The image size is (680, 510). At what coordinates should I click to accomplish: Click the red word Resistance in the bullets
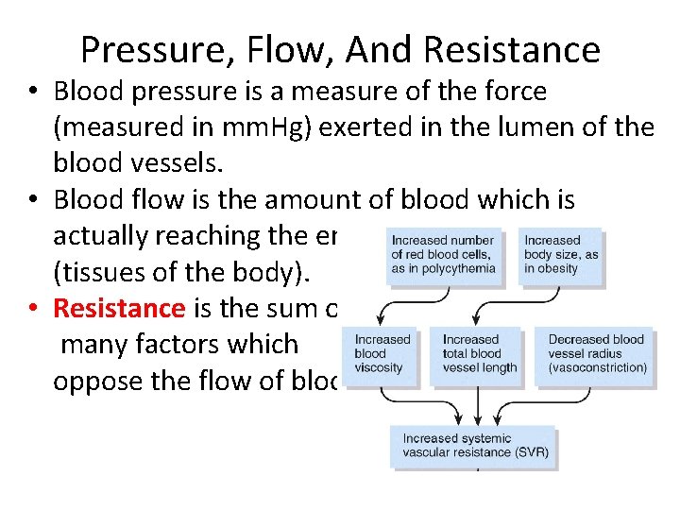[118, 308]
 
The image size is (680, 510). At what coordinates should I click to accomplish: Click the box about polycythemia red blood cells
[443, 255]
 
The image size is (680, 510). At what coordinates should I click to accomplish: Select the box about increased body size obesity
[561, 255]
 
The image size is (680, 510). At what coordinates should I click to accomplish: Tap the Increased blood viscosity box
[383, 354]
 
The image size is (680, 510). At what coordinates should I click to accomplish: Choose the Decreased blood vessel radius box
[597, 354]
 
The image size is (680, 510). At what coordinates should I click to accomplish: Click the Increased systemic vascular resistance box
[475, 446]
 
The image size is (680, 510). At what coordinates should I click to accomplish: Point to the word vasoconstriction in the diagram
[598, 367]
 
